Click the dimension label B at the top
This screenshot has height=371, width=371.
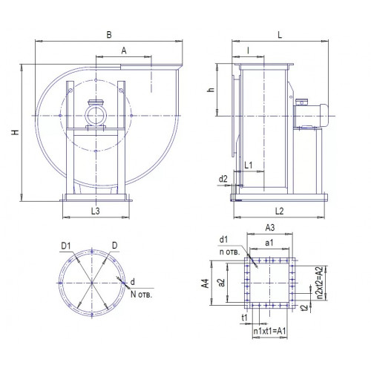pyautogui.click(x=109, y=35)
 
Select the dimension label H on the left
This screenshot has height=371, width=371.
pyautogui.click(x=16, y=132)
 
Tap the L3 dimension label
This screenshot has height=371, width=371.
pyautogui.click(x=96, y=211)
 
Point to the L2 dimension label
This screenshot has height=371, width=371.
pyautogui.click(x=279, y=211)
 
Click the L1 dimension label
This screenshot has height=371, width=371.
pyautogui.click(x=249, y=165)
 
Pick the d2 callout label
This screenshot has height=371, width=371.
pyautogui.click(x=223, y=179)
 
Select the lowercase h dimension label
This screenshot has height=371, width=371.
pyautogui.click(x=211, y=90)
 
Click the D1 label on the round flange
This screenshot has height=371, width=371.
pyautogui.click(x=66, y=246)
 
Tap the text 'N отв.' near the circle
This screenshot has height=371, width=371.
pyautogui.click(x=141, y=295)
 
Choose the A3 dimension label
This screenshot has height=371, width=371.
pyautogui.click(x=270, y=228)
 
